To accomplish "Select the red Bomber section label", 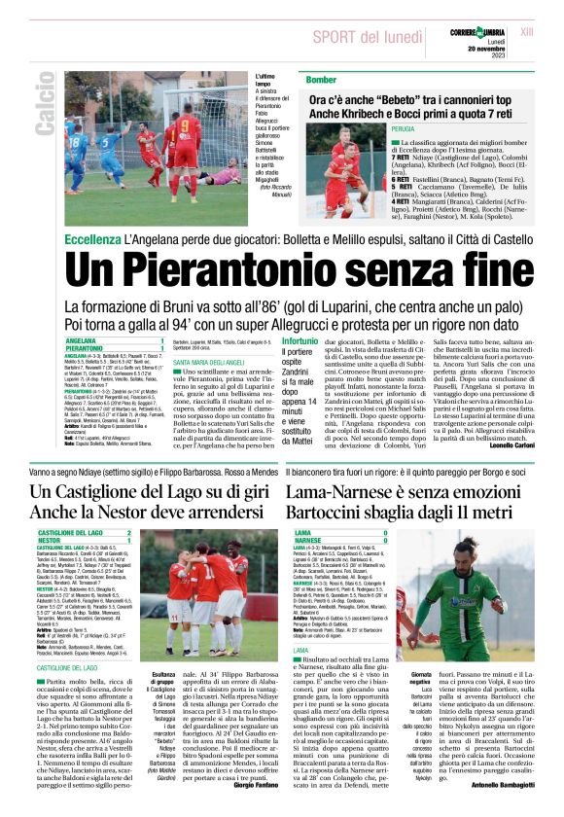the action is (x=295, y=79).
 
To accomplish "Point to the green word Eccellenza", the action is (x=91, y=239).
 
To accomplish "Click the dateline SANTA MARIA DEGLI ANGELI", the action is (x=211, y=363).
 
